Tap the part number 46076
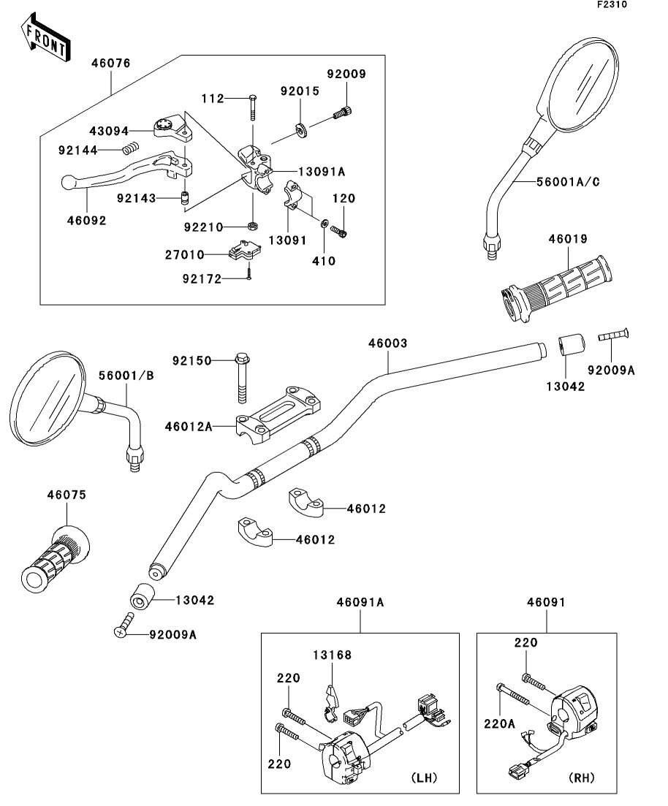[110, 64]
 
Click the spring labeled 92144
[129, 150]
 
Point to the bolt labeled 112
[251, 107]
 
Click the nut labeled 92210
[251, 226]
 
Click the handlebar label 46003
[387, 343]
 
